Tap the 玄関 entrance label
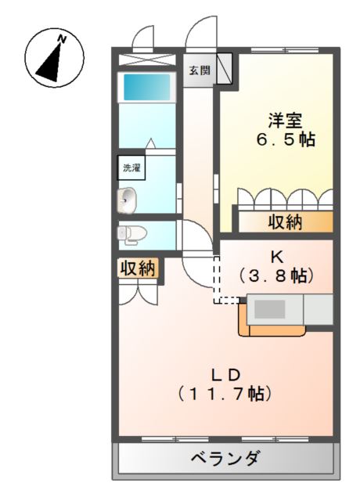coord(199,70)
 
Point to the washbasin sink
coord(127,200)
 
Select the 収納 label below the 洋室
coord(286,222)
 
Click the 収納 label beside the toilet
coord(138,269)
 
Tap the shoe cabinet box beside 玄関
coord(224,68)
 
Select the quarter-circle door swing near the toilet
coord(196,239)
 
